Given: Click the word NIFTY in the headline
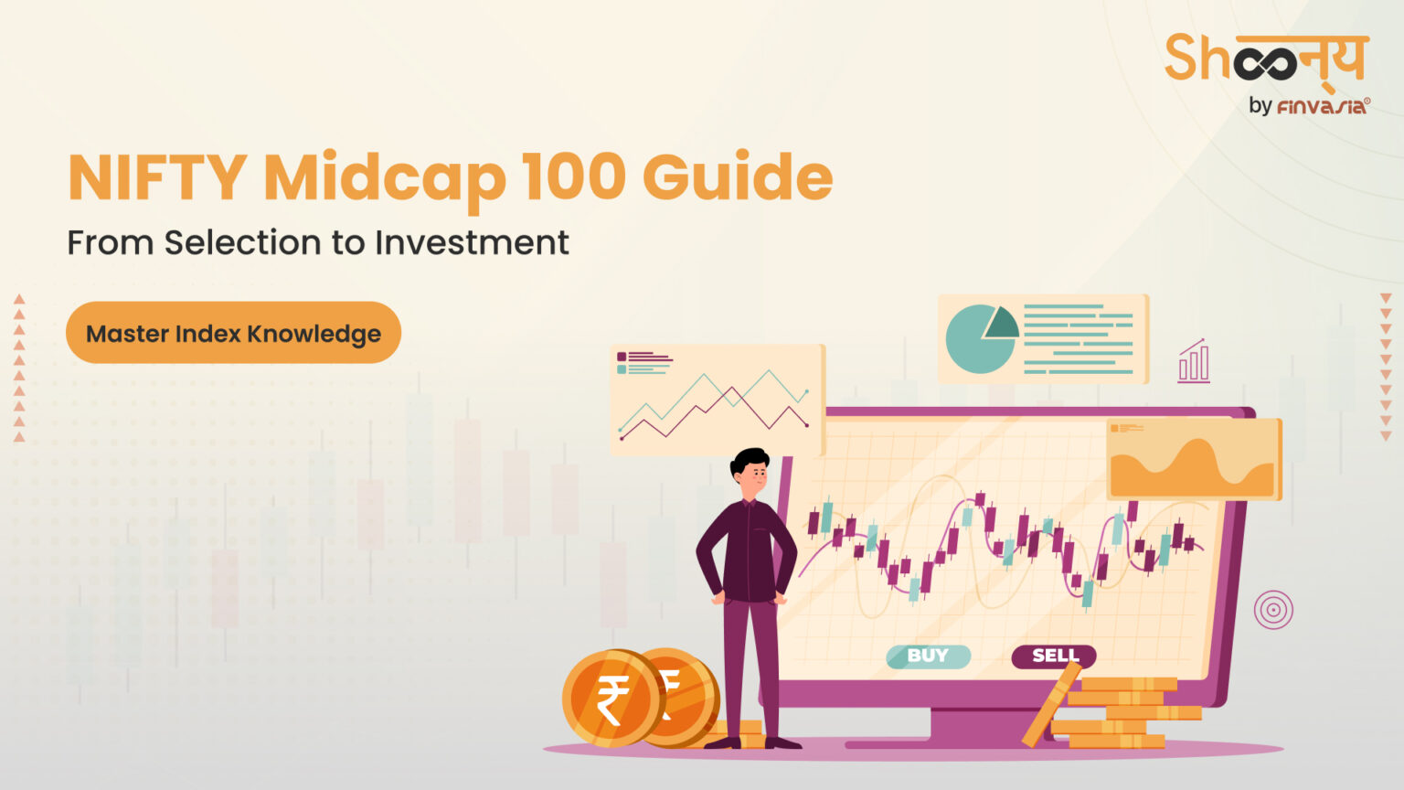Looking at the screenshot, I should tap(157, 177).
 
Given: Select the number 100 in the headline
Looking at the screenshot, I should tap(574, 177).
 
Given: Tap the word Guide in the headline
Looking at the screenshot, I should tap(738, 177).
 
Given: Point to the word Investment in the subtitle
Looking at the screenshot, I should tap(472, 243).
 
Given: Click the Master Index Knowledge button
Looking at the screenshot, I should tap(233, 333).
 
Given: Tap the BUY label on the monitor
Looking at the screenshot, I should tap(928, 656).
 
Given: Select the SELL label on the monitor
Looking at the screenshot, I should tap(1054, 656).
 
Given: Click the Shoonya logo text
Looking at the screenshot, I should tap(1265, 59).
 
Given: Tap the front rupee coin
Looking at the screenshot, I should tap(611, 699).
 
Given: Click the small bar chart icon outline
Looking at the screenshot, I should tap(1194, 361).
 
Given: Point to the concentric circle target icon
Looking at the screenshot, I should tap(1273, 609).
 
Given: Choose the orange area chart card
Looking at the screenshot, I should tap(1193, 459).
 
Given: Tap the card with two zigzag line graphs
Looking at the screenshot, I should tap(717, 400).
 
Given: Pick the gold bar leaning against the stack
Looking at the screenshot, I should tap(1050, 705).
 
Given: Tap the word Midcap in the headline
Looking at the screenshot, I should tap(385, 177).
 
